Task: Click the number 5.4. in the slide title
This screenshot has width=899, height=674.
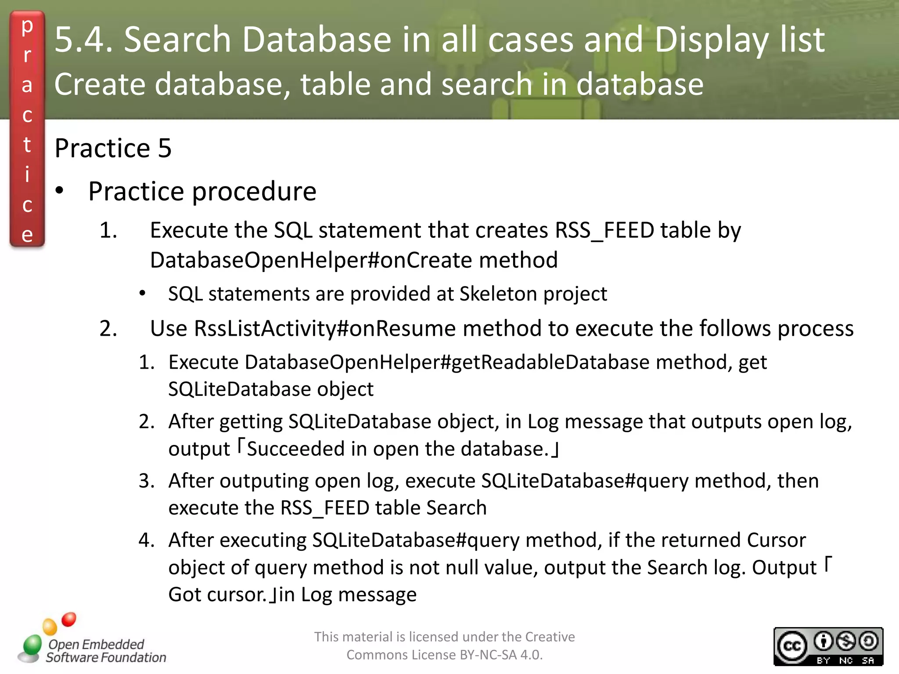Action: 83,40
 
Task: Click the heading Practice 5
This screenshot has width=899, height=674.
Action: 113,148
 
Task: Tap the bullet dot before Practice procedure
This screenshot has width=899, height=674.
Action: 60,191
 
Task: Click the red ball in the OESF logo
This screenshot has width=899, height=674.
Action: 69,620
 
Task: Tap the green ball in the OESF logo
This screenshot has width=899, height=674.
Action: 32,645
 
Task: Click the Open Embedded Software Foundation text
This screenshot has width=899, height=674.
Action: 105,651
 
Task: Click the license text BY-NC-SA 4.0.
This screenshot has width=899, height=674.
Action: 501,655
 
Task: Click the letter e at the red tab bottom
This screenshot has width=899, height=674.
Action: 27,235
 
